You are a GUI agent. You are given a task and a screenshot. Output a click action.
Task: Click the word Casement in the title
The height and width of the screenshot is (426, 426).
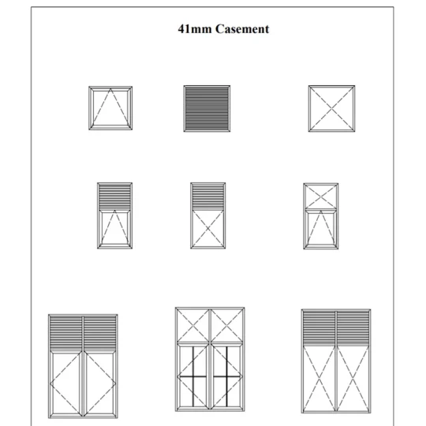242,29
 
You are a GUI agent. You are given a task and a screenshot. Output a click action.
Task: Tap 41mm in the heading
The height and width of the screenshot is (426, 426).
195,29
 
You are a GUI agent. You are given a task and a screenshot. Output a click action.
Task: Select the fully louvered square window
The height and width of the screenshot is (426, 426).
207,109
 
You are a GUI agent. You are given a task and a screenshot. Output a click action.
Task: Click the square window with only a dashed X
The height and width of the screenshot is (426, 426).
331,109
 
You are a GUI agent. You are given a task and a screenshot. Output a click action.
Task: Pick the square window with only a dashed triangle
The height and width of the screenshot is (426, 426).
110,108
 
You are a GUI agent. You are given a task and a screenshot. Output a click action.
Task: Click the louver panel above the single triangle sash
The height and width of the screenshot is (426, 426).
114,196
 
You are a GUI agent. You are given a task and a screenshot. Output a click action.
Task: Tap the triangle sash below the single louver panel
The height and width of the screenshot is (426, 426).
114,229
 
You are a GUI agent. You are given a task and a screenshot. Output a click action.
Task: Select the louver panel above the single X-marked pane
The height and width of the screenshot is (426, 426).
207,196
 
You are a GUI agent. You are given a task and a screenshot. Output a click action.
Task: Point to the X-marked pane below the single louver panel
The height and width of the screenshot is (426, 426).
207,229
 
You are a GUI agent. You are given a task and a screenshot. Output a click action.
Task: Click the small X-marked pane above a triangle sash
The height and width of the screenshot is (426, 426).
321,196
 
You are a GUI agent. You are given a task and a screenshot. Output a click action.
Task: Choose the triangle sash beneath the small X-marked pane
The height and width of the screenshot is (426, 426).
321,229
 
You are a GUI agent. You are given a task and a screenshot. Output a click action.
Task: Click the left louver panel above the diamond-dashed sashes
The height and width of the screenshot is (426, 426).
66,333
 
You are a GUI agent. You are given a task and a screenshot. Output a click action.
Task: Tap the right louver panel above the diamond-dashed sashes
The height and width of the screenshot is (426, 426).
100,333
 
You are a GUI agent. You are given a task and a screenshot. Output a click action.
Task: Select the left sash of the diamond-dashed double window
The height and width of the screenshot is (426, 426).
66,383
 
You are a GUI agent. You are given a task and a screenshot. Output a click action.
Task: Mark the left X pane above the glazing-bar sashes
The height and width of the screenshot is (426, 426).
193,325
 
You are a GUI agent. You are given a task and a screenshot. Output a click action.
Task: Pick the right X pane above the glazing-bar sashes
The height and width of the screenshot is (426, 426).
226,325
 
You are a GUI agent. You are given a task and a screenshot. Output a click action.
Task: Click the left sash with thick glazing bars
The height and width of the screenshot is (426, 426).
193,376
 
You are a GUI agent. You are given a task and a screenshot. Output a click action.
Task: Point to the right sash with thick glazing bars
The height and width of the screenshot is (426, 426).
226,376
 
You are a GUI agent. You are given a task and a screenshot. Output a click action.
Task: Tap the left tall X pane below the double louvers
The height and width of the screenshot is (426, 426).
319,379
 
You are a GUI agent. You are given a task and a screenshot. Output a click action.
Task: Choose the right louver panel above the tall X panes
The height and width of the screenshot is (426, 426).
353,328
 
